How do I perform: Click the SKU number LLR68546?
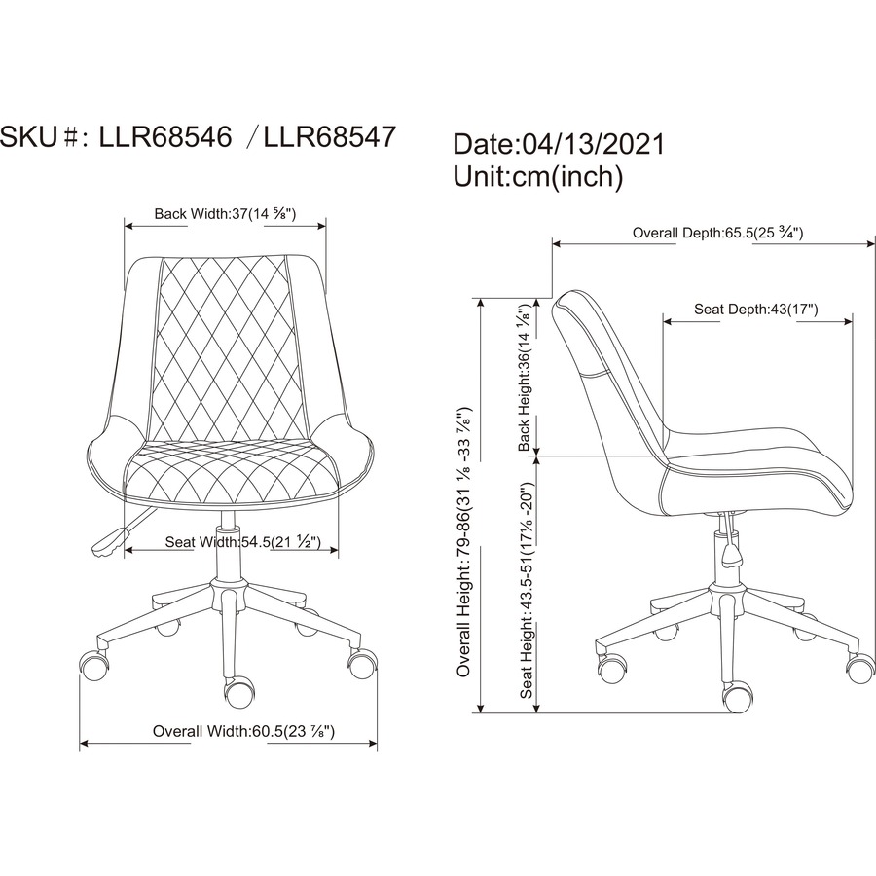point(165,136)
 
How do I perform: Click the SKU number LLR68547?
point(330,136)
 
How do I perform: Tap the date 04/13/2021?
point(594,144)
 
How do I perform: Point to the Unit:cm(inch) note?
point(538,176)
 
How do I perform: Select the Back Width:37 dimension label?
point(225,214)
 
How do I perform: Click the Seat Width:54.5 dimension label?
point(243,542)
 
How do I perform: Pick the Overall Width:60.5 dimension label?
point(243,731)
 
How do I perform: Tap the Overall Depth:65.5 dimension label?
point(718,233)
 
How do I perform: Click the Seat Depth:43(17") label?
point(756,309)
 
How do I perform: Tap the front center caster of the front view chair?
point(239,694)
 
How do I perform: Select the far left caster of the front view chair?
point(93,664)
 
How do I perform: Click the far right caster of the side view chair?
point(860,667)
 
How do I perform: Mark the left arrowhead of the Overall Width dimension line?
point(85,743)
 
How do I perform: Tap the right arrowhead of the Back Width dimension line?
point(321,226)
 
